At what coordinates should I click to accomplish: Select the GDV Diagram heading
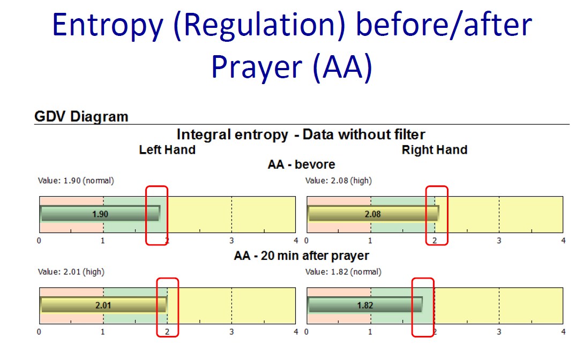point(81,116)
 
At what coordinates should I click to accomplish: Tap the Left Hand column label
point(167,149)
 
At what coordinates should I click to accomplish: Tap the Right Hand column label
point(434,149)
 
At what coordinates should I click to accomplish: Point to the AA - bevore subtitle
point(301,164)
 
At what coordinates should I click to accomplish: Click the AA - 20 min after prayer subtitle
point(301,256)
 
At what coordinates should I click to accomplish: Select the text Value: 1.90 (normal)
point(76,181)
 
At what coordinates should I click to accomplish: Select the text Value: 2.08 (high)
point(338,181)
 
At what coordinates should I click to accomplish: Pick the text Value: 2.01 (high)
point(71,272)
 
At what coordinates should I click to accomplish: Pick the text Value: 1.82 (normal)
point(343,272)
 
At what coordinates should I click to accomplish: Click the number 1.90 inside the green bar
point(100,214)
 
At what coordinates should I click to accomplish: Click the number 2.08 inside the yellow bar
point(372,214)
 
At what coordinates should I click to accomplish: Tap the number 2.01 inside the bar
point(103,305)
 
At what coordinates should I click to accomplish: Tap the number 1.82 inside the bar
point(365,305)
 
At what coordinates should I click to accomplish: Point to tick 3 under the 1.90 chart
point(231,241)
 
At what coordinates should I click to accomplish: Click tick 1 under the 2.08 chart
point(370,241)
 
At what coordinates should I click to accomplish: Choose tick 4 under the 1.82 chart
point(563,332)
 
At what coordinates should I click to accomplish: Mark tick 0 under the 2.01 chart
point(39,332)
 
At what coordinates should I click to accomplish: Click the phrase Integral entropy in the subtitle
point(233,134)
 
